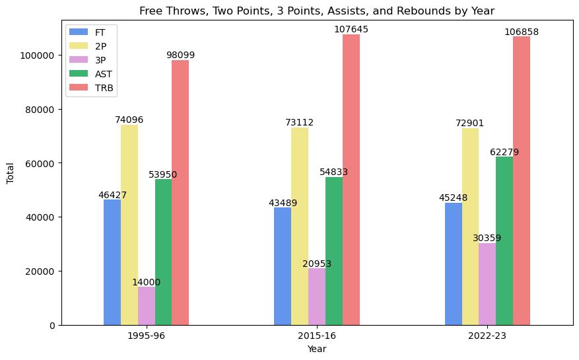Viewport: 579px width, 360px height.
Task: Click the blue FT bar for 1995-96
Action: (x=112, y=262)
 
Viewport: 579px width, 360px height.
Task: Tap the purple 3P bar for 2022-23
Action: (x=487, y=284)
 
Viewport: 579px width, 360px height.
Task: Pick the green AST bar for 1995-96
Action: (x=163, y=252)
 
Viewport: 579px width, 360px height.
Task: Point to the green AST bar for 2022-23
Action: (x=504, y=240)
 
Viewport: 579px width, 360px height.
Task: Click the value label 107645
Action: (x=351, y=30)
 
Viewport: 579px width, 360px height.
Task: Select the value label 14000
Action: (x=146, y=282)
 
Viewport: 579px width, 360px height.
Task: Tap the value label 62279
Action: (x=504, y=152)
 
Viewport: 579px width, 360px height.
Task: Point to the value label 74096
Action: (x=129, y=120)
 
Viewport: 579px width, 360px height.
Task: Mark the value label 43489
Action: (x=283, y=203)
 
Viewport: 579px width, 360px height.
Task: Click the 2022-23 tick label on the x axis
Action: (x=487, y=336)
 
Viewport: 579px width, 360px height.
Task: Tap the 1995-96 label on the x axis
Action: (x=146, y=336)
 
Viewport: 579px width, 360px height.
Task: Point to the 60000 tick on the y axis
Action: (x=40, y=163)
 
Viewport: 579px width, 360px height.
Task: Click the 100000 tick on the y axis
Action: (x=37, y=55)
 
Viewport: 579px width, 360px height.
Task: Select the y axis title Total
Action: (x=11, y=174)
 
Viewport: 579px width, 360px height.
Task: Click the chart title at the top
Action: (x=317, y=11)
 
